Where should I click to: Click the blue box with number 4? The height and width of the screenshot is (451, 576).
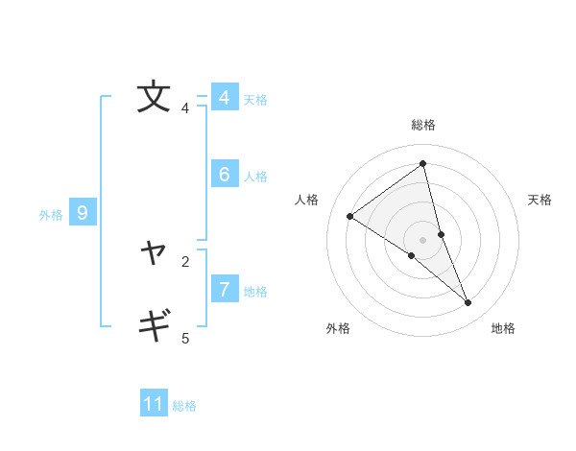(224, 98)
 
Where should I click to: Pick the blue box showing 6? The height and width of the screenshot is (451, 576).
(224, 175)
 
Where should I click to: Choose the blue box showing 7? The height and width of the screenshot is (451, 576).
(224, 289)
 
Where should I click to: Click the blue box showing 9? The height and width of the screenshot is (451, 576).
(83, 214)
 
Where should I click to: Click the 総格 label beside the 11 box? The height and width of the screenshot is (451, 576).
(184, 406)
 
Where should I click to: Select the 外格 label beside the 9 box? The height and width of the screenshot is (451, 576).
(51, 215)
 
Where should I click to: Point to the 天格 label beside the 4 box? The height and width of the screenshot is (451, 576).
(255, 100)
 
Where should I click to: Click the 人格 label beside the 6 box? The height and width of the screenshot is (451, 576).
(255, 177)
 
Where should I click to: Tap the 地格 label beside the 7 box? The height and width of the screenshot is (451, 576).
(255, 292)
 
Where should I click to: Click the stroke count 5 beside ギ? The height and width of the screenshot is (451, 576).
(185, 338)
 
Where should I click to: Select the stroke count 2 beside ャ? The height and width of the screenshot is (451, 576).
(185, 261)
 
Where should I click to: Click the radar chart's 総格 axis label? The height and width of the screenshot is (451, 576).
(422, 125)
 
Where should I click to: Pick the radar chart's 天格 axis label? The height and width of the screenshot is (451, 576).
(540, 200)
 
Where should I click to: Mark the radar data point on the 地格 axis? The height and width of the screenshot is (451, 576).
(468, 303)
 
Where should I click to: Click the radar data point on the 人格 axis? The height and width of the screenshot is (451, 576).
(349, 216)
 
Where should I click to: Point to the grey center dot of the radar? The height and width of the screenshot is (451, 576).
(422, 239)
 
